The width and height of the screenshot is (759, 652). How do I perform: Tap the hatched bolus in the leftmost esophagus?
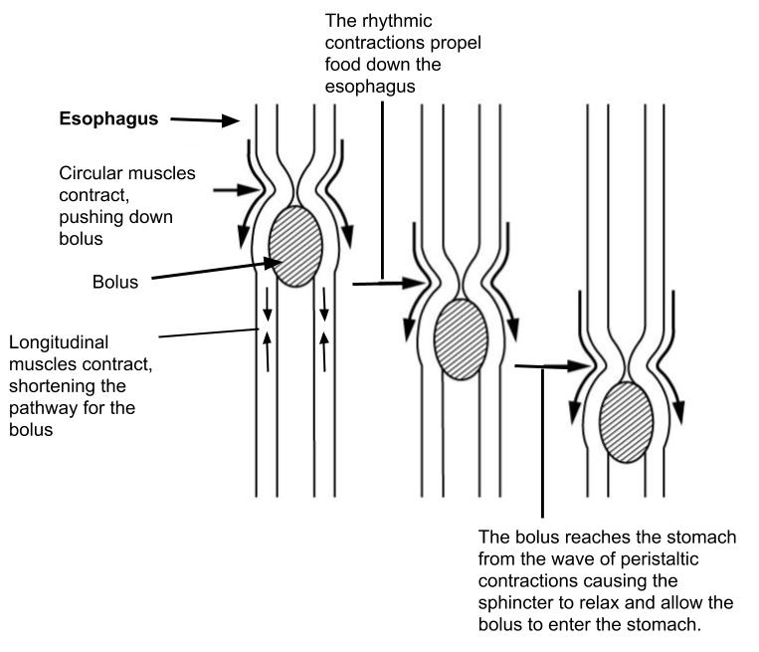(x=295, y=246)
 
